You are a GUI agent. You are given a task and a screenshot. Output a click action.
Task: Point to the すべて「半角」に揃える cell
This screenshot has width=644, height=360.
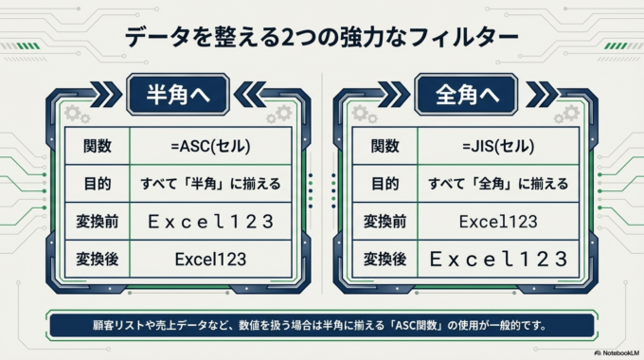pos(211,184)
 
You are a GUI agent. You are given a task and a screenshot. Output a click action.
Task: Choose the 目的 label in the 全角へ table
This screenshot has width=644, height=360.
pos(384,184)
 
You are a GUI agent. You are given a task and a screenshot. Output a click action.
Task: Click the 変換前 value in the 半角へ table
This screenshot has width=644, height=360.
pos(211,222)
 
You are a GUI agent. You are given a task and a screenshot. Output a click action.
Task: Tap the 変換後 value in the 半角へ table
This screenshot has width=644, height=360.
pos(211,259)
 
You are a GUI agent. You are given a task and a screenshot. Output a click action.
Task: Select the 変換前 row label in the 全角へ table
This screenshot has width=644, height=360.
pos(384,222)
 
